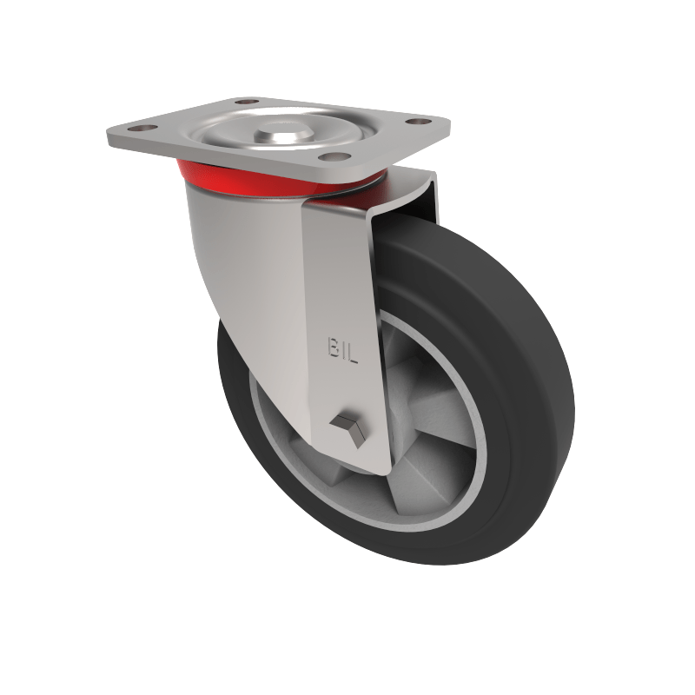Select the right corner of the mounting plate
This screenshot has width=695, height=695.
tap(451, 122)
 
